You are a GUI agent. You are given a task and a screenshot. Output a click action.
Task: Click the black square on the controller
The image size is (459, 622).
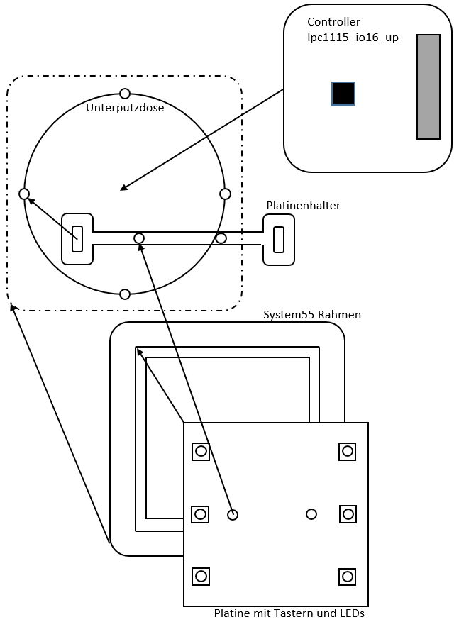[x=343, y=94]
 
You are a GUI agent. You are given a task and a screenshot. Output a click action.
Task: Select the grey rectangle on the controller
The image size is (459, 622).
[x=428, y=87]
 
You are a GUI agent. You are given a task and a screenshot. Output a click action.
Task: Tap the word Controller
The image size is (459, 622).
[x=333, y=22]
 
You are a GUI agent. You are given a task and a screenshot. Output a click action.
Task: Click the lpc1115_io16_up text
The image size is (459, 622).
[x=353, y=38]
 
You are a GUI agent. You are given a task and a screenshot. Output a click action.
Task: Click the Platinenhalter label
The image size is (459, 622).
[x=303, y=205]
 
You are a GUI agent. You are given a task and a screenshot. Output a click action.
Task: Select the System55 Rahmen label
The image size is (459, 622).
[x=312, y=314]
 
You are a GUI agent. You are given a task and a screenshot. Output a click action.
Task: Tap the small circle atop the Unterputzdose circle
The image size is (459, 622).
[x=125, y=94]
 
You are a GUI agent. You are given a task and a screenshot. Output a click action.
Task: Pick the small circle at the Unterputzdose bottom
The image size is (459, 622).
[x=125, y=294]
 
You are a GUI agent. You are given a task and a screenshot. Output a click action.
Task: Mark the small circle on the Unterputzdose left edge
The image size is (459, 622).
[x=24, y=194]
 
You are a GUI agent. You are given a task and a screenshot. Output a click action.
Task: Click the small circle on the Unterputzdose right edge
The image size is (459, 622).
[x=226, y=194]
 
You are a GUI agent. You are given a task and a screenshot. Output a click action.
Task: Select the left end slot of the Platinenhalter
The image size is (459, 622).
[x=77, y=239]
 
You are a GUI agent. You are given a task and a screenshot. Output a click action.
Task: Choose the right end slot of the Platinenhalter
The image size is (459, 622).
[x=279, y=239]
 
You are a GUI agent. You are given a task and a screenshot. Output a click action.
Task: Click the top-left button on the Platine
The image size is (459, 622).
[x=201, y=451]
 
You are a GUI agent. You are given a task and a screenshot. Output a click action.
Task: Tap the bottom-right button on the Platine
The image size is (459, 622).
[x=347, y=577]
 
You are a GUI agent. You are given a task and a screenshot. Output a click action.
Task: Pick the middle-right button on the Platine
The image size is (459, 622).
[x=347, y=514]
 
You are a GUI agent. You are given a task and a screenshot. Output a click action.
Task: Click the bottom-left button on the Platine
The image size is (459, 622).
[x=201, y=577]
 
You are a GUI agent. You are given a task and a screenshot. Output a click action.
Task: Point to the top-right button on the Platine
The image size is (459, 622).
[x=347, y=451]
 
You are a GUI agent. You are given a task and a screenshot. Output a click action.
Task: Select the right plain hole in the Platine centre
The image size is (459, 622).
[x=311, y=514]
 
